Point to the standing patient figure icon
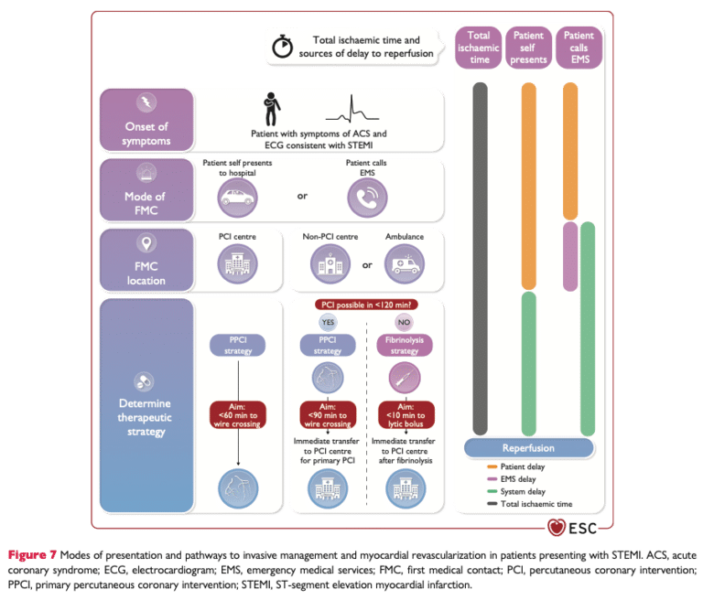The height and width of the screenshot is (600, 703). click(272, 109)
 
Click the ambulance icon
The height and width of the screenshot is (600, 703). click(405, 265)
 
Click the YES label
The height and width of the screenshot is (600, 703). click(329, 322)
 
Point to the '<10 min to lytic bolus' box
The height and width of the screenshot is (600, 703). click(405, 414)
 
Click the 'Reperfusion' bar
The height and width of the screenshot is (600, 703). click(527, 448)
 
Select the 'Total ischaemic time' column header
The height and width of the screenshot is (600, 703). click(479, 48)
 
